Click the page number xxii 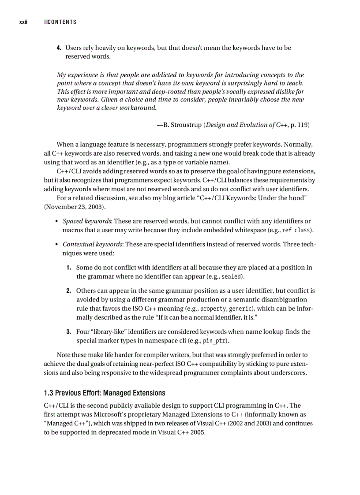(x=23, y=22)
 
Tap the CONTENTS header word (x=62, y=22)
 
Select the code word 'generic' (x=242, y=309)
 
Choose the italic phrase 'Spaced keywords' (x=86, y=221)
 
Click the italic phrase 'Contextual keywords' (x=93, y=244)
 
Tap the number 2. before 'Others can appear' (x=69, y=290)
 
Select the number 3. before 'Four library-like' (x=69, y=331)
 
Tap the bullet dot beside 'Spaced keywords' (x=57, y=221)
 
